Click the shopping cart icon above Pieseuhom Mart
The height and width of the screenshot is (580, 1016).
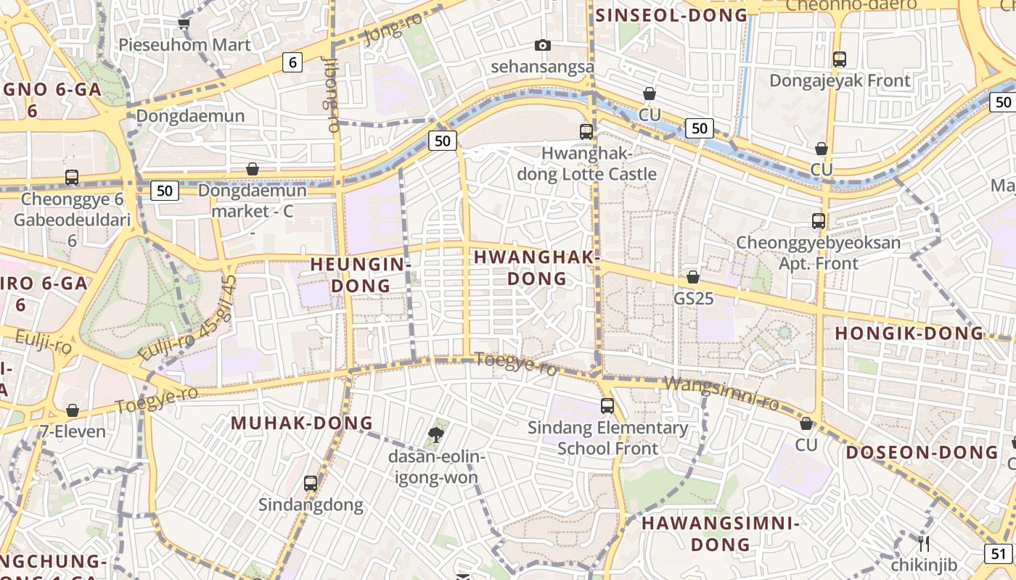coord(184,23)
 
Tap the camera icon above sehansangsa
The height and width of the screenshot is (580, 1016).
coord(542,45)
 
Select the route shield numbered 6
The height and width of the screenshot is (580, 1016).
coord(292,62)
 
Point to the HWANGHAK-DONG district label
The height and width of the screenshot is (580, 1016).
coord(536,268)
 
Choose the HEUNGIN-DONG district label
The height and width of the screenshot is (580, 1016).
coord(361,275)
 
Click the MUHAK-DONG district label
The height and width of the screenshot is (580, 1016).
coord(302,423)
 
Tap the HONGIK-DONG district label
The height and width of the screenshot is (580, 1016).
coord(909,333)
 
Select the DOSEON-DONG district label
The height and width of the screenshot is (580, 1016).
coord(922,452)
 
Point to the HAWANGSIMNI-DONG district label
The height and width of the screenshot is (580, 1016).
coord(720,534)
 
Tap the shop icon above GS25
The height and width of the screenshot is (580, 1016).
coord(693,277)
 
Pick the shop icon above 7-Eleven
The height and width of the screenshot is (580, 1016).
coord(73,411)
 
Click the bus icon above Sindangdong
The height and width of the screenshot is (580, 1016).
coord(311,483)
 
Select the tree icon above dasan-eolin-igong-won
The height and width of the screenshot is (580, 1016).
coord(436,435)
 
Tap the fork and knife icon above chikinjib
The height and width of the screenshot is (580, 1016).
coord(924,544)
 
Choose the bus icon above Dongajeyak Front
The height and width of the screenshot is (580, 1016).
coord(840,59)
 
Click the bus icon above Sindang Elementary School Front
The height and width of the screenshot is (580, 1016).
coord(607,406)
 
